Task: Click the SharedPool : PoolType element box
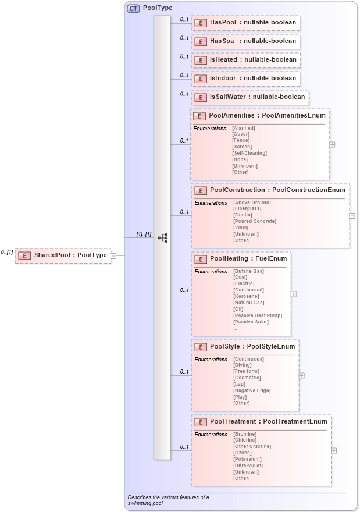click(63, 255)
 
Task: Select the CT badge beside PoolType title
click(133, 9)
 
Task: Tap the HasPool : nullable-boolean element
click(246, 23)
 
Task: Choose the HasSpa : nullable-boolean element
click(246, 41)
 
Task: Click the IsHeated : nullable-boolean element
click(246, 60)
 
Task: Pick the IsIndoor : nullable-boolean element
click(246, 79)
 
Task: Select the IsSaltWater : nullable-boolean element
click(251, 97)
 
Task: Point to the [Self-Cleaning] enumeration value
click(249, 153)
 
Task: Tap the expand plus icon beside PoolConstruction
click(352, 215)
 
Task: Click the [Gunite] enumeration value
click(243, 215)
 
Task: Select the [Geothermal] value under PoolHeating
click(248, 290)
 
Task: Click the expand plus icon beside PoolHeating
click(294, 294)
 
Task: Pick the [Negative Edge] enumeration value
click(252, 390)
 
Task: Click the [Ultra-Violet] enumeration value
click(248, 465)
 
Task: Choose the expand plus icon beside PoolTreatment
click(334, 450)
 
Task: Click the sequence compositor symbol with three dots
click(163, 237)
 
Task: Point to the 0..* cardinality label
click(184, 141)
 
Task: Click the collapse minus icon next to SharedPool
click(114, 255)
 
